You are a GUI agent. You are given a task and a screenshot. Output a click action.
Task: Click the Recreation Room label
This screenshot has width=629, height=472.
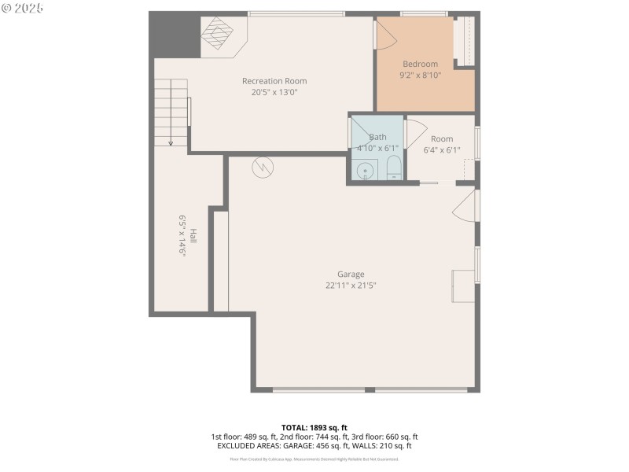coord(274,81)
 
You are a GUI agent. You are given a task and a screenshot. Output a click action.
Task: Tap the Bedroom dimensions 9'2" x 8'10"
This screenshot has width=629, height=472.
coord(421,76)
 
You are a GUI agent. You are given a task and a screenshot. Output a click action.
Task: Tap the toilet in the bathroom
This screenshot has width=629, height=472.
coord(394,168)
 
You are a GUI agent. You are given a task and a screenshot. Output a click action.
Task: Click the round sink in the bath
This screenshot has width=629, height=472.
coord(364,171)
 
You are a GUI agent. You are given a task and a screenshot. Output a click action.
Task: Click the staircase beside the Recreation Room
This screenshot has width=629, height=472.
coord(171,112)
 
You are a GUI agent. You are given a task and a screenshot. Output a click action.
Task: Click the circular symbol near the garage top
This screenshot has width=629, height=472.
coord(262,168)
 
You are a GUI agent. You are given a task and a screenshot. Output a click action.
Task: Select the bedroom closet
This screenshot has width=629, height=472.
coord(465,41)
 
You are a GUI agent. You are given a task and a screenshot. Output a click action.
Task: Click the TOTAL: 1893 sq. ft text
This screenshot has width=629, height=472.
coord(314,427)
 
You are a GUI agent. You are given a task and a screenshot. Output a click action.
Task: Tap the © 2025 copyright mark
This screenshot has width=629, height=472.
coord(23,8)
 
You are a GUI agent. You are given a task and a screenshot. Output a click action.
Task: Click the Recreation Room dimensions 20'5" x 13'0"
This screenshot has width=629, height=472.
coord(274,92)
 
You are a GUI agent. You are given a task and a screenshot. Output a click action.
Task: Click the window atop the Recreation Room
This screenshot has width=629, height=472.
coord(296,13)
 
